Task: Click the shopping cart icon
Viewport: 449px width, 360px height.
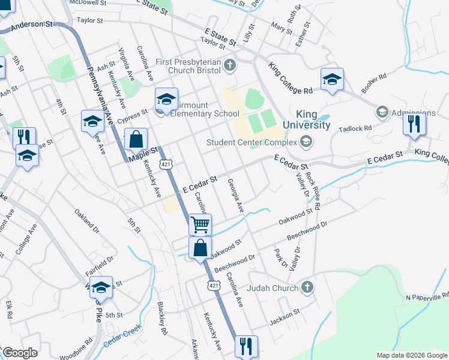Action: [x=200, y=224]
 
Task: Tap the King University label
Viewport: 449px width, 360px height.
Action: [x=313, y=119]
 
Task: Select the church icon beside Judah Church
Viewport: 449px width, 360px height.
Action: [x=307, y=287]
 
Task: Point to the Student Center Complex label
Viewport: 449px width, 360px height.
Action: [x=252, y=142]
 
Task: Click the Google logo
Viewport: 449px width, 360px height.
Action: [x=20, y=353]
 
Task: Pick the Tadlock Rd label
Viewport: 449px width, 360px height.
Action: [x=355, y=128]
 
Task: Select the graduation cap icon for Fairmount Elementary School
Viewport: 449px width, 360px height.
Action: [x=167, y=98]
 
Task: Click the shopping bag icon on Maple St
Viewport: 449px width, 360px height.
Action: [x=136, y=139]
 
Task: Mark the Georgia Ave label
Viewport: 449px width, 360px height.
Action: [x=235, y=196]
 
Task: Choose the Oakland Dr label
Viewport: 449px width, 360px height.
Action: [x=86, y=220]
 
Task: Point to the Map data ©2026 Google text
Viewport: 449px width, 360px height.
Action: [x=412, y=355]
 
